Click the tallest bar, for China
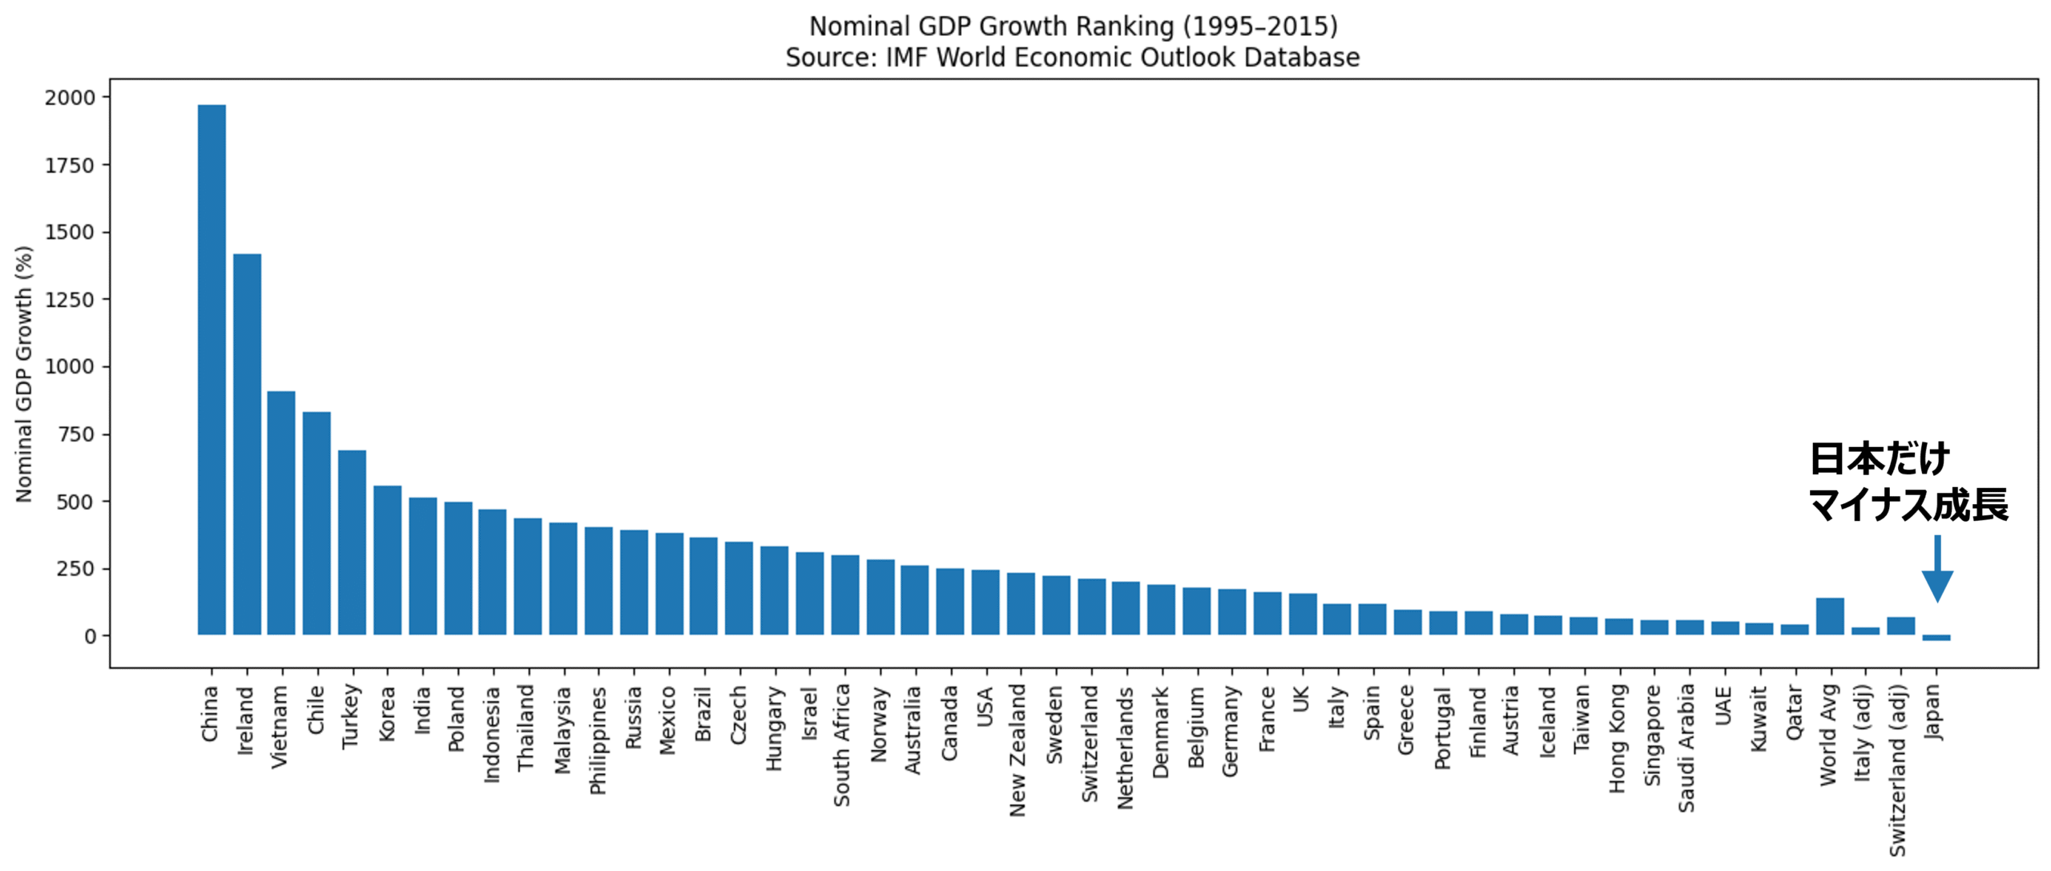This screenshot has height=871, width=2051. (x=212, y=369)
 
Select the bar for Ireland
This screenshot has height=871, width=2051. (x=247, y=444)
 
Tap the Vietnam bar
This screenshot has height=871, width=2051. (x=281, y=513)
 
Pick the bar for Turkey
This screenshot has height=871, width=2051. (x=352, y=542)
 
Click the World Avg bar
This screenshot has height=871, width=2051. (x=1830, y=616)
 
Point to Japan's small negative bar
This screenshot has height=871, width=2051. (x=1936, y=638)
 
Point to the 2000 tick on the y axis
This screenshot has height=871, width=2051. (x=70, y=98)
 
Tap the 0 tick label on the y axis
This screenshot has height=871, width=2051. (x=90, y=636)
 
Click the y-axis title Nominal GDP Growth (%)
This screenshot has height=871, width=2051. (x=24, y=373)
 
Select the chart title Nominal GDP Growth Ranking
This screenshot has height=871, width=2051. (x=1073, y=26)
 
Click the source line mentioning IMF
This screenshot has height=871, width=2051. (x=1072, y=58)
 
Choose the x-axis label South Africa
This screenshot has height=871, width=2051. (x=842, y=744)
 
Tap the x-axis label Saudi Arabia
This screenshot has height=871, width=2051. (x=1686, y=748)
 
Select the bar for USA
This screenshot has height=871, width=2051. (x=985, y=603)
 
